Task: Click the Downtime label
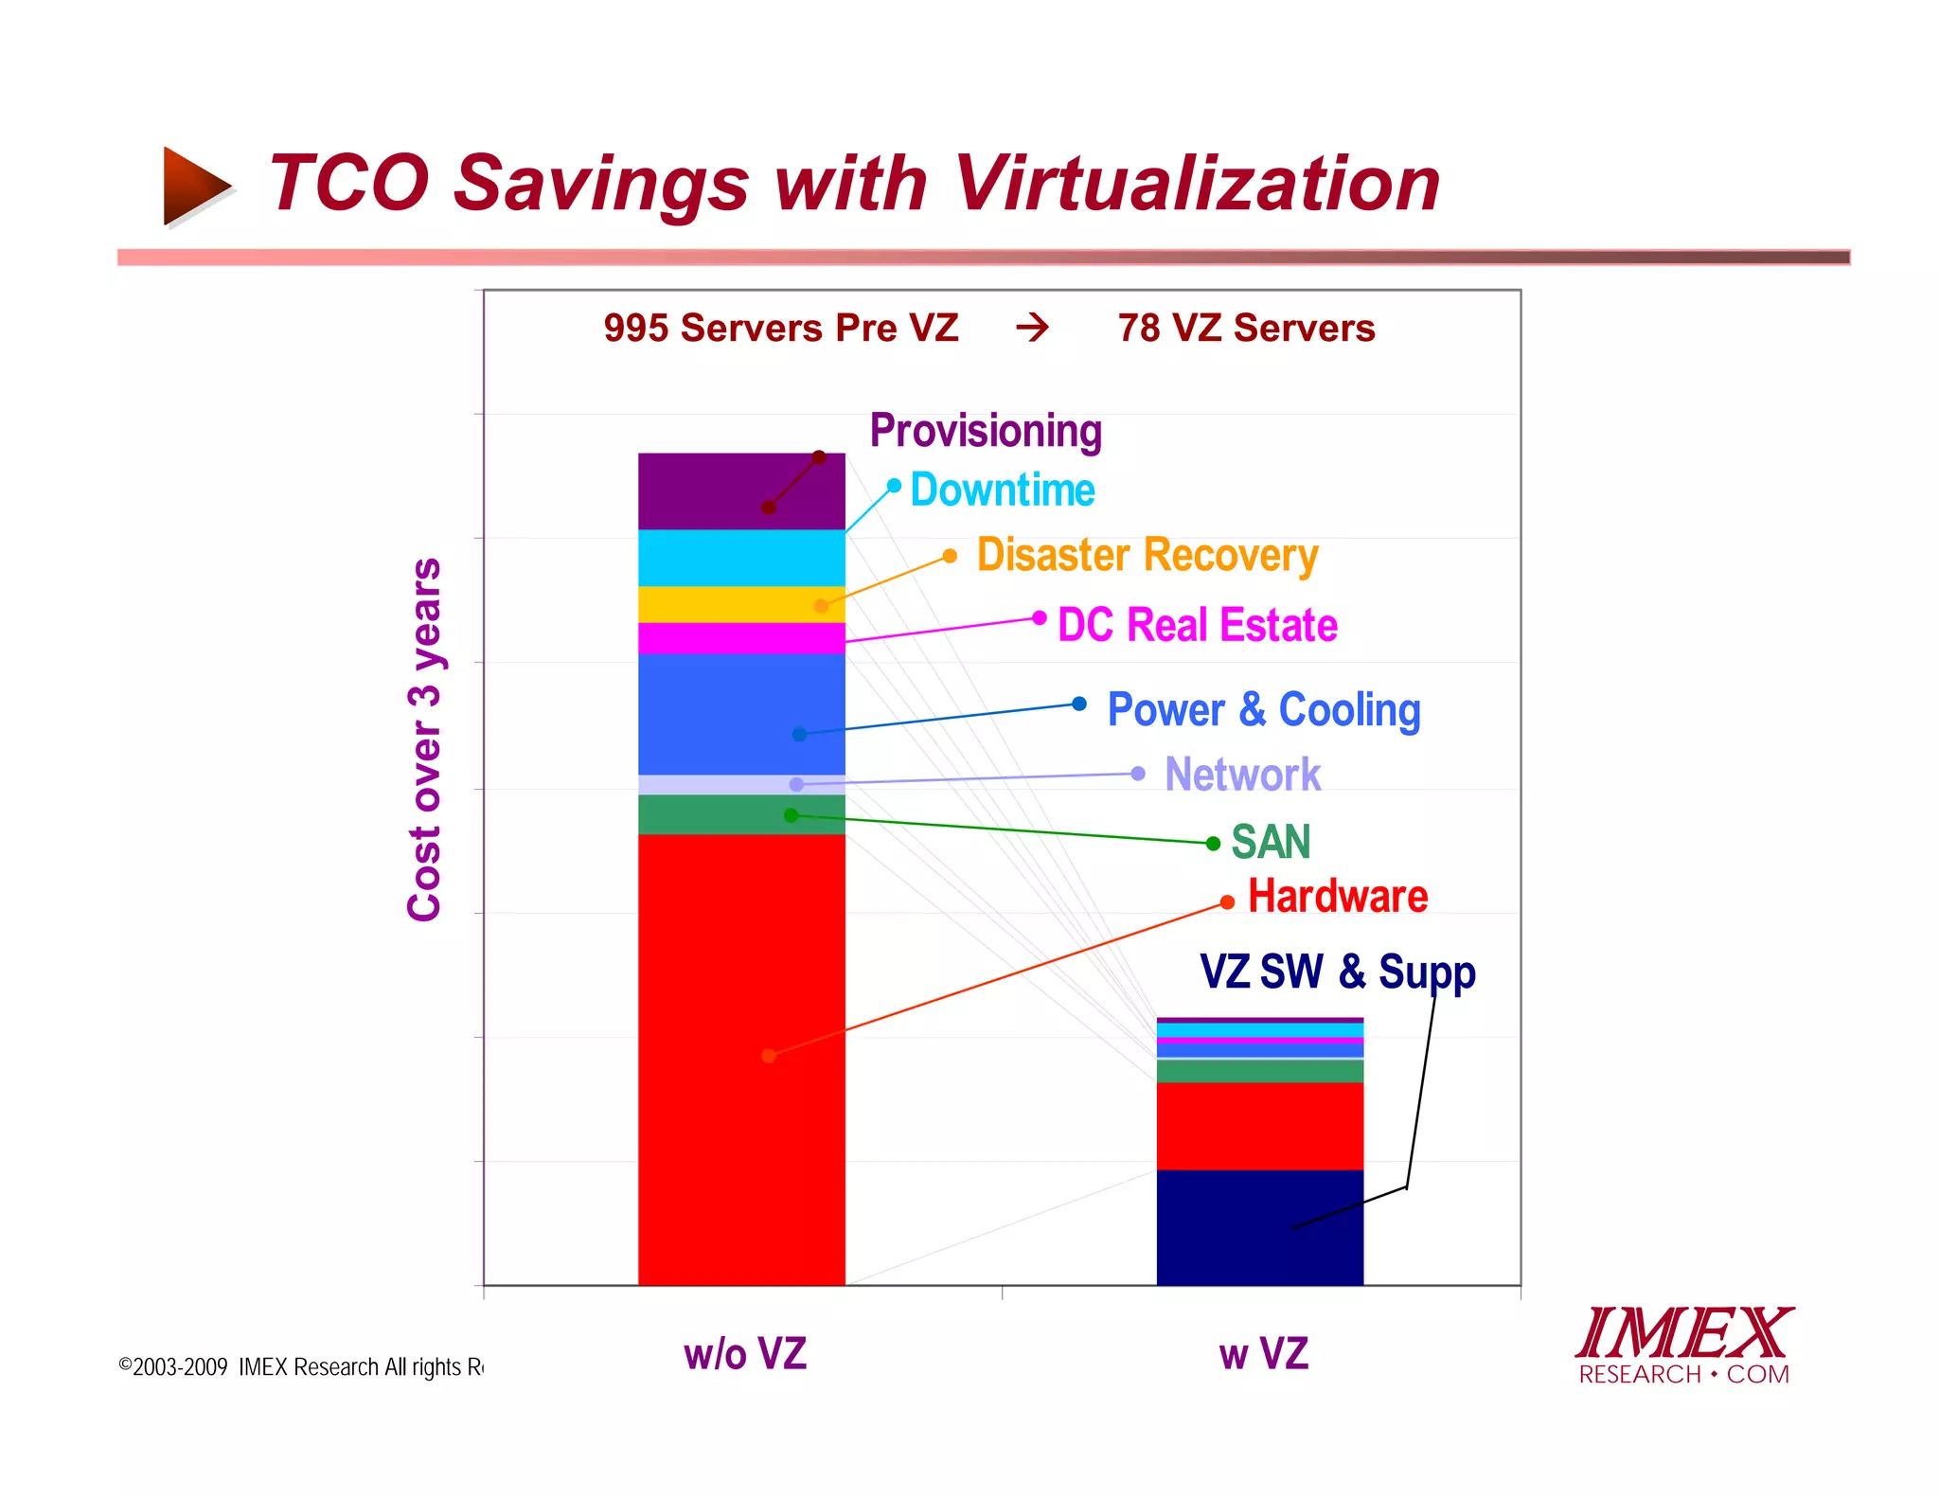click(1003, 490)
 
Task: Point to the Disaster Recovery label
click(1147, 555)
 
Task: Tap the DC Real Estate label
click(1198, 625)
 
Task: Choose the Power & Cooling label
click(1264, 710)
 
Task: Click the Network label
click(1242, 775)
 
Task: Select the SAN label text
click(1271, 842)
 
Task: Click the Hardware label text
click(1338, 896)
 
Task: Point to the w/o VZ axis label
click(745, 1354)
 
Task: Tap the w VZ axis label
click(1263, 1354)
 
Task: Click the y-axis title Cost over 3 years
click(424, 739)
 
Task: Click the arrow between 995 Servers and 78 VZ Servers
click(1033, 328)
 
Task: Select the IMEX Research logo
click(1684, 1346)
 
